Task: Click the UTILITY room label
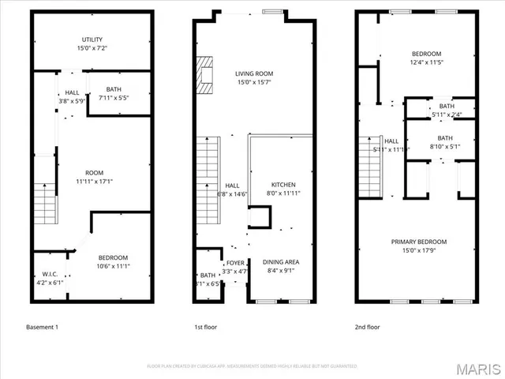pos(92,39)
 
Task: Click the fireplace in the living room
pos(204,75)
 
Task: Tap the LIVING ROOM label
pos(253,73)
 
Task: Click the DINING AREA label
pos(282,262)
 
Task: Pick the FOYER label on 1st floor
pos(235,264)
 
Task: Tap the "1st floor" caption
pos(205,327)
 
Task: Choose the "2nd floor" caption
pos(368,327)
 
